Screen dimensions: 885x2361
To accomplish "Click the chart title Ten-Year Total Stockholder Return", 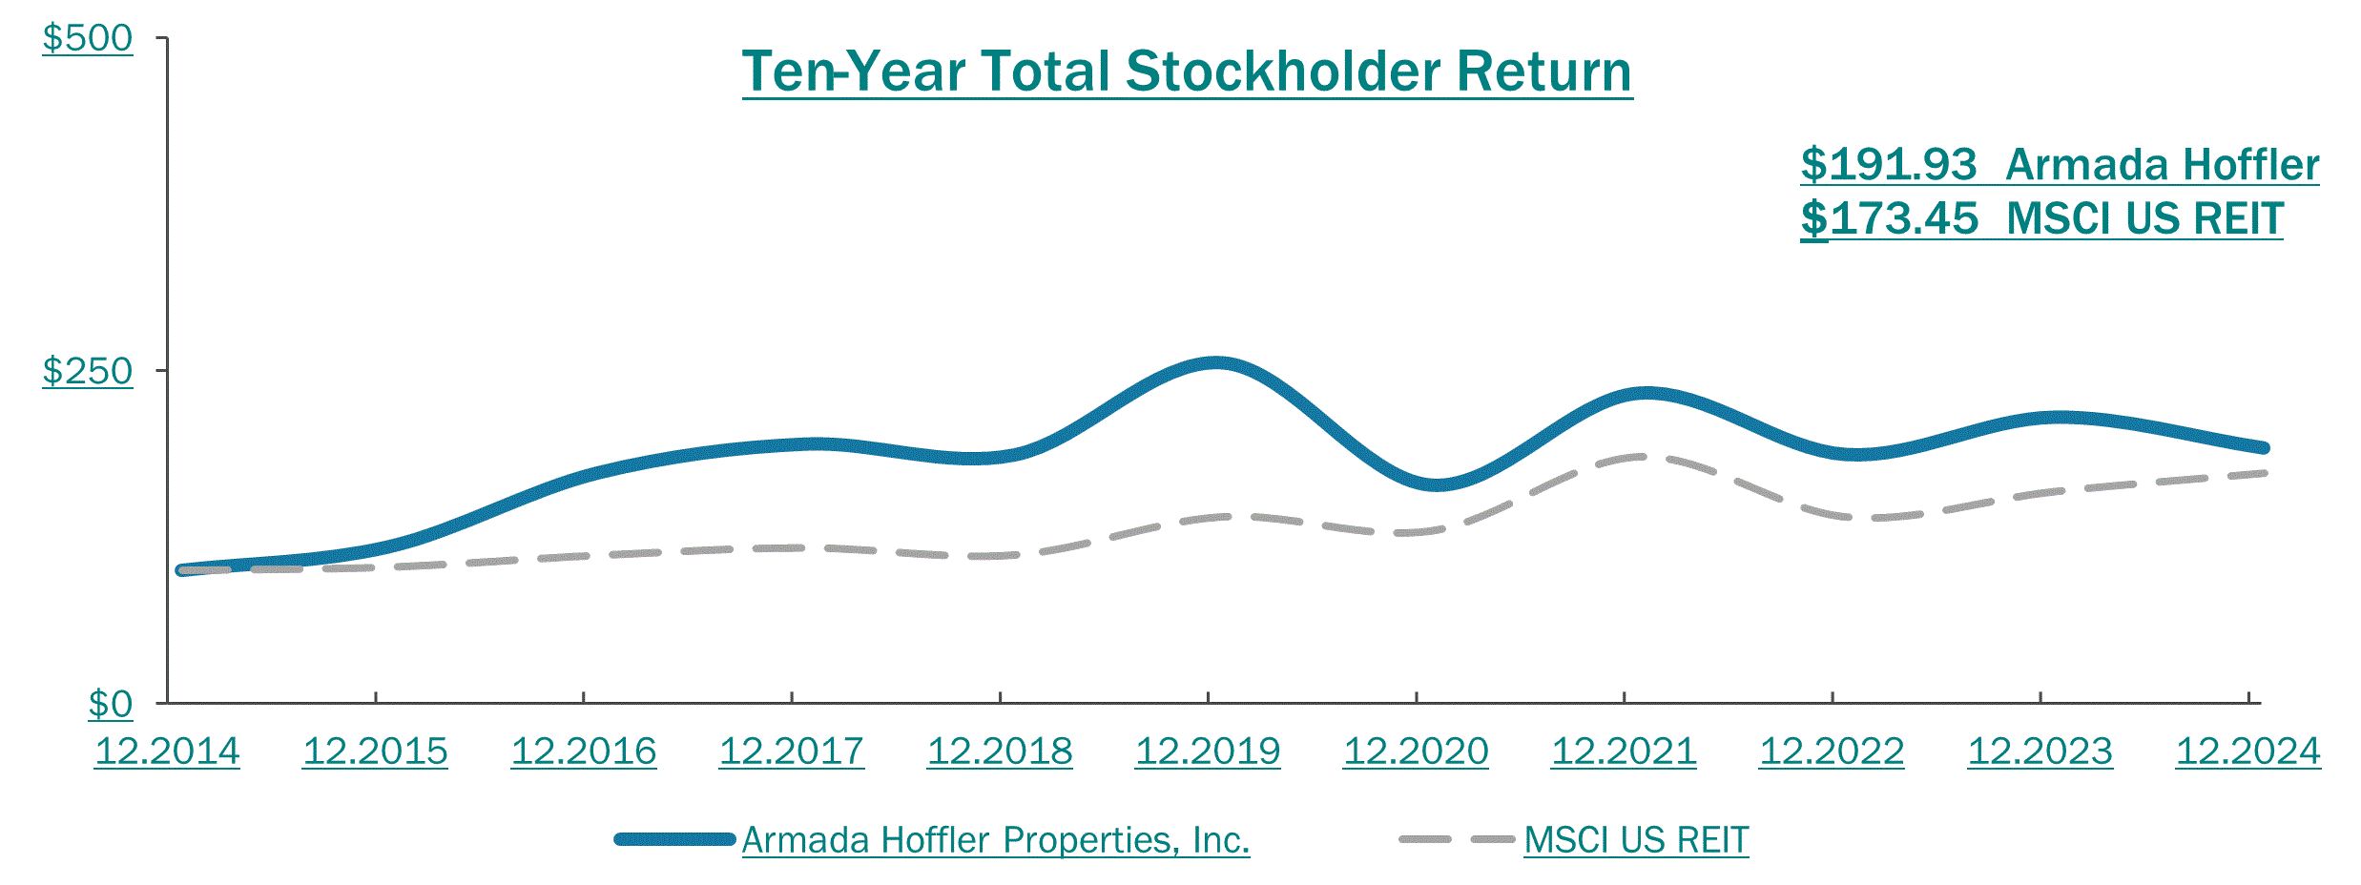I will [1187, 72].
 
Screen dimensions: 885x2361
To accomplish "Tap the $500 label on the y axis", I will [88, 38].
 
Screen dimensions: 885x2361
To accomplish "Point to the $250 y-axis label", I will [88, 371].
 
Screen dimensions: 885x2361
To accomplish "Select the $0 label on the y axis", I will [111, 704].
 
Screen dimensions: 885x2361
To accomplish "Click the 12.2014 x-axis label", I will [167, 751].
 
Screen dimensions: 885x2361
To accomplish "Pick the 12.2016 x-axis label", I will [584, 751].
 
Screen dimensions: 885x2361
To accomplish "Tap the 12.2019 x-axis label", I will [1208, 751].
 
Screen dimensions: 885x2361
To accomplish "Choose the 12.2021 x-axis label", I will [1624, 751].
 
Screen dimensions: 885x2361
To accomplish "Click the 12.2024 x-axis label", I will [2247, 751].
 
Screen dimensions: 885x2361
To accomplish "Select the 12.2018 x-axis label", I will [1000, 751].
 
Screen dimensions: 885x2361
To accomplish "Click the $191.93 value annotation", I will [1889, 165].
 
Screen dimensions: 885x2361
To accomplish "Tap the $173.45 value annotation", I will [1889, 219].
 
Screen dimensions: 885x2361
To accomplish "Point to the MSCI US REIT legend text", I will [1636, 840].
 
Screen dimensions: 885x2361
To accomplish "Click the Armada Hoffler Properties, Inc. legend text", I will [995, 840].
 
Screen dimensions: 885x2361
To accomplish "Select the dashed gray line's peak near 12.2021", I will [1641, 457].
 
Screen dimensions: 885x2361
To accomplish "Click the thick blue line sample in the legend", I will [674, 839].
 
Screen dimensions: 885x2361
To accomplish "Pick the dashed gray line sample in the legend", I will [1457, 839].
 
